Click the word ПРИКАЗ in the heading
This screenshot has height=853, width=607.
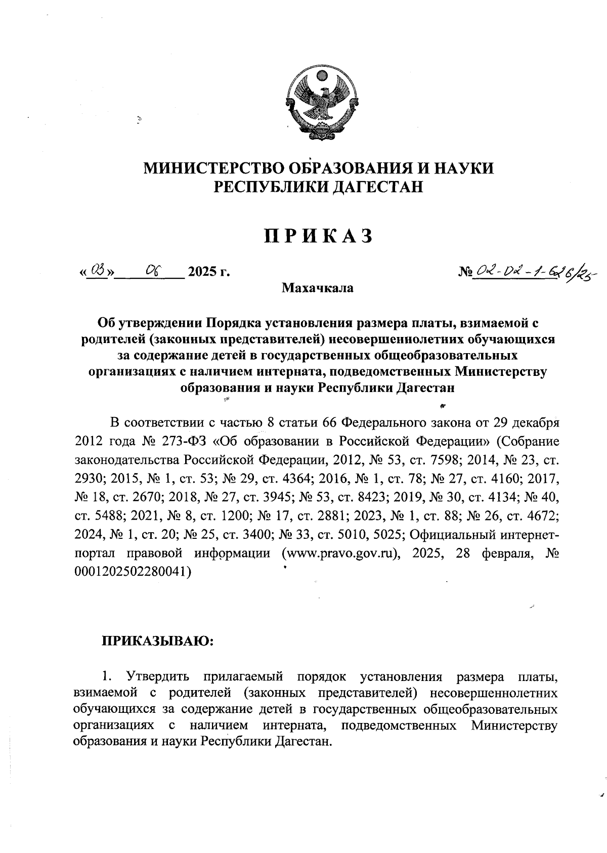coord(318,236)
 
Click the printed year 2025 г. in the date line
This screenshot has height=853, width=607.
coord(208,273)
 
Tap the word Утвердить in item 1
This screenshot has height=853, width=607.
coord(159,677)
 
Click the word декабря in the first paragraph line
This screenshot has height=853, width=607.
coord(536,422)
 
